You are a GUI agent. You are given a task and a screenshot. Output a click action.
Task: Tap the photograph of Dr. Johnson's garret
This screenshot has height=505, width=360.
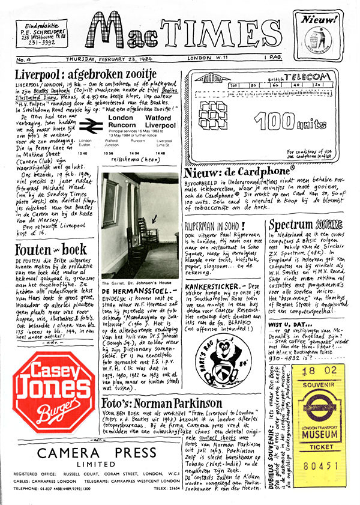138,226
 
